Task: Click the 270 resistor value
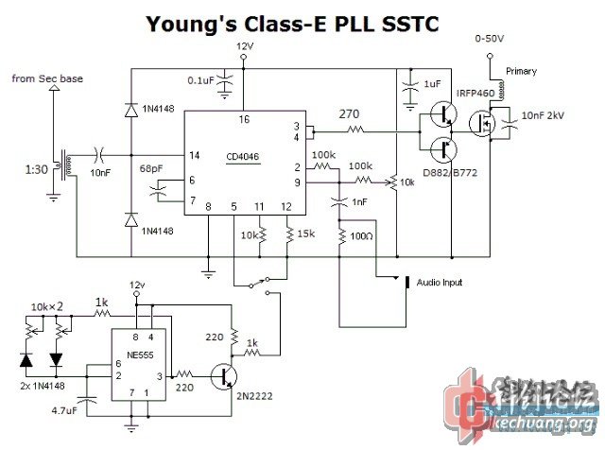point(349,115)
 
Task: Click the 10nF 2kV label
point(545,115)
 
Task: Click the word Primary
point(521,71)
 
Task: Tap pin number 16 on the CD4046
point(244,119)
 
